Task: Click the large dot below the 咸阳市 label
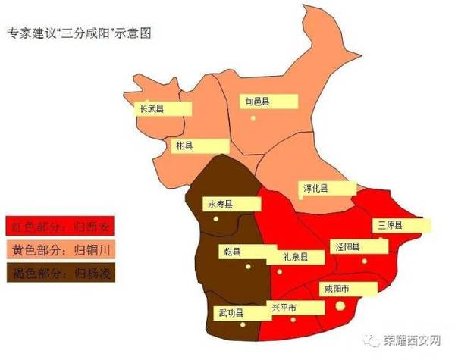coord(340,305)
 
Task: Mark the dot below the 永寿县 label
coord(215,219)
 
